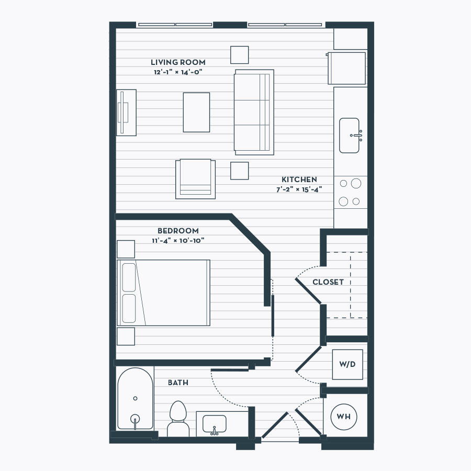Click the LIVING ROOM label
pyautogui.click(x=178, y=62)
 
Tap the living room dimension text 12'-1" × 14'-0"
pyautogui.click(x=178, y=72)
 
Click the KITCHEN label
pyautogui.click(x=299, y=180)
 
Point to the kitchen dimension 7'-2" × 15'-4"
pyautogui.click(x=299, y=189)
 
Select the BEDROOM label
pyautogui.click(x=178, y=231)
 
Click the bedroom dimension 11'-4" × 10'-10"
pyautogui.click(x=178, y=241)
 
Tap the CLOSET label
pyautogui.click(x=328, y=282)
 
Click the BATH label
pyautogui.click(x=178, y=383)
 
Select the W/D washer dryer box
pyautogui.click(x=347, y=364)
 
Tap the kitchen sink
pyautogui.click(x=350, y=136)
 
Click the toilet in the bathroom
pyautogui.click(x=178, y=419)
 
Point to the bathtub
pyautogui.click(x=135, y=399)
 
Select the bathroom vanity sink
pyautogui.click(x=215, y=424)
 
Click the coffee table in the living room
pyautogui.click(x=196, y=113)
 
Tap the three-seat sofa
pyautogui.click(x=254, y=113)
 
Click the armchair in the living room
pyautogui.click(x=196, y=179)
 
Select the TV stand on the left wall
pyautogui.click(x=126, y=113)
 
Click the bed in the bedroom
pyautogui.click(x=163, y=293)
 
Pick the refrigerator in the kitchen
pyautogui.click(x=346, y=69)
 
